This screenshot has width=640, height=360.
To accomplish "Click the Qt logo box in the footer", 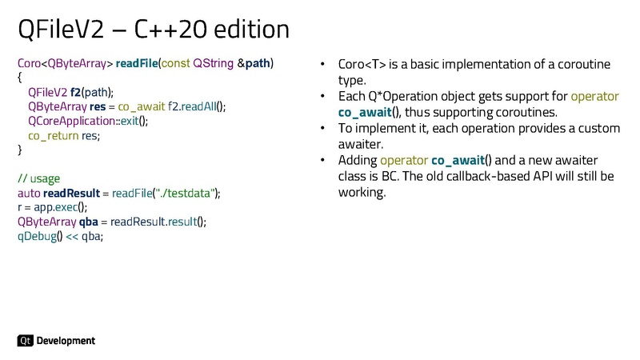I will point(25,341).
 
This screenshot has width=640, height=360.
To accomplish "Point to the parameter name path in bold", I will point(257,63).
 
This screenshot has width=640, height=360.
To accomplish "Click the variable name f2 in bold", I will point(75,92).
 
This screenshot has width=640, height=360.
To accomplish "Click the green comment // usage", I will point(38,178).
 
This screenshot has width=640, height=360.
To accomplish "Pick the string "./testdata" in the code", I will point(187,193).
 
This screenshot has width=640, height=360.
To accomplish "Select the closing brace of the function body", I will point(20,150).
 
